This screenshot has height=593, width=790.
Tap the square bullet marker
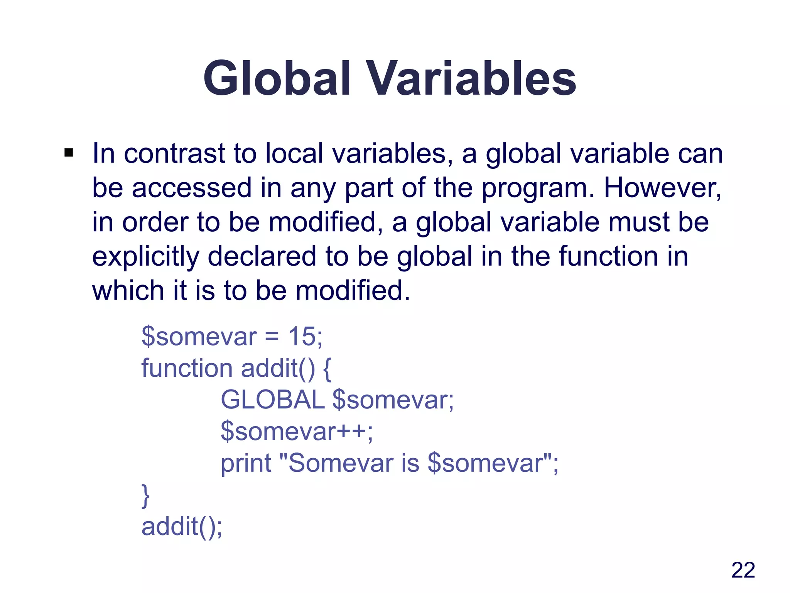[69, 153]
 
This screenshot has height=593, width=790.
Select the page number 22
[743, 570]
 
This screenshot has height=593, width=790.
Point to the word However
[662, 188]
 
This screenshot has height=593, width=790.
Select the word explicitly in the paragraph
[145, 257]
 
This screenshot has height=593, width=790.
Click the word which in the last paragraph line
[128, 290]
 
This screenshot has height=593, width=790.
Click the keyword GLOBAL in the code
[272, 400]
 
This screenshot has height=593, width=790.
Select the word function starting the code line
[187, 368]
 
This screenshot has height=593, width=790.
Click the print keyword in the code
[246, 463]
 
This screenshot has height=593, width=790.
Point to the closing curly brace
[146, 496]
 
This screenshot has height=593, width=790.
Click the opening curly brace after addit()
[327, 369]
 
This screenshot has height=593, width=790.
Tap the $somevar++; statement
[296, 431]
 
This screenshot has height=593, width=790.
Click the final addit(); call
[182, 527]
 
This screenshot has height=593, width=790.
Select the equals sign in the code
[272, 337]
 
